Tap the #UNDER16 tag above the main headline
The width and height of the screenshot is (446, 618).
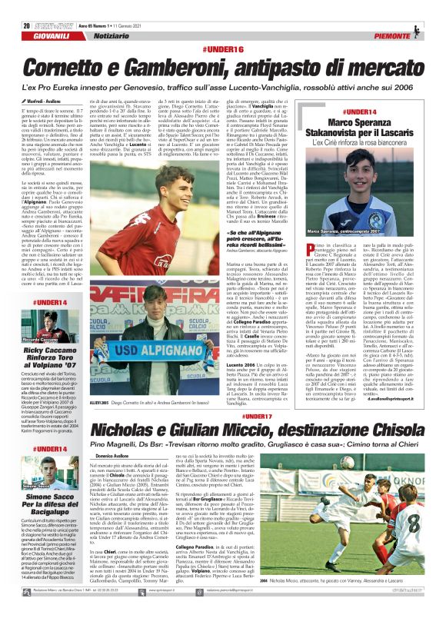(x=222, y=49)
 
